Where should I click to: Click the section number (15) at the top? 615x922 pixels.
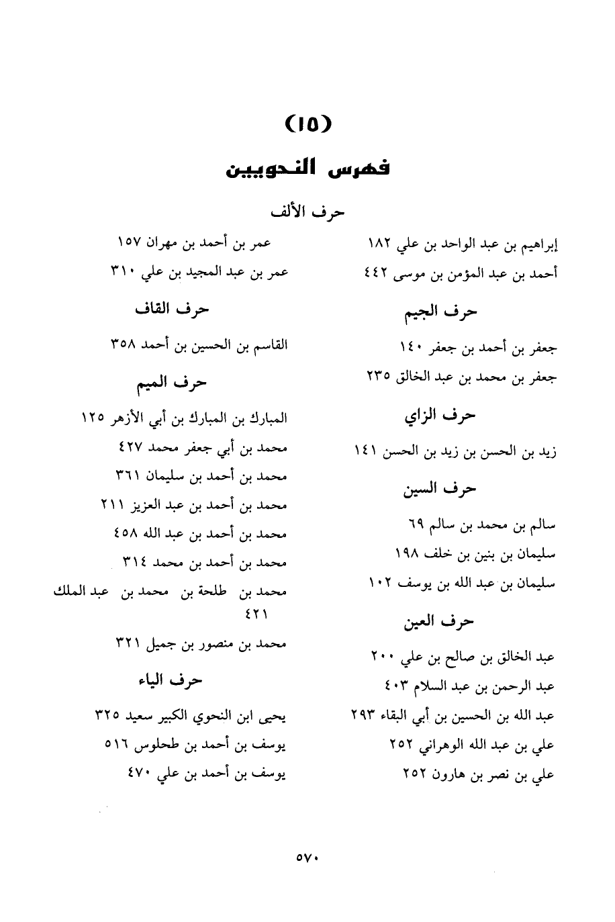pyautogui.click(x=308, y=124)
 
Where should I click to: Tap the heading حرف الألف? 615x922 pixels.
pyautogui.click(x=307, y=212)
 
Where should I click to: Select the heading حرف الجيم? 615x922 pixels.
pyautogui.click(x=440, y=311)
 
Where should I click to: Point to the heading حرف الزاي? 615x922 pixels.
pyautogui.click(x=440, y=416)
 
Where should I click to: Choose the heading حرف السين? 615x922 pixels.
pyautogui.click(x=440, y=489)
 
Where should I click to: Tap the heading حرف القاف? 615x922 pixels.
pyautogui.click(x=173, y=309)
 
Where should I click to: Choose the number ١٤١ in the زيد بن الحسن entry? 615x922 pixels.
pyautogui.click(x=366, y=452)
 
